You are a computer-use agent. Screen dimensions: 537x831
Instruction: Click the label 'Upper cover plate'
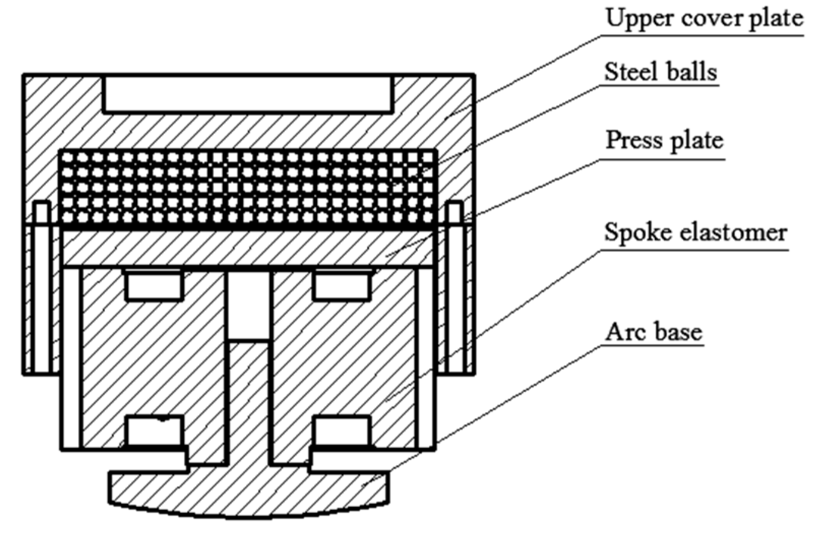tap(704, 19)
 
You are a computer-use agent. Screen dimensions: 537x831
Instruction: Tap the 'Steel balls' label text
tap(660, 72)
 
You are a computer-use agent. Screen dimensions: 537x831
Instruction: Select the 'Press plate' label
tap(664, 140)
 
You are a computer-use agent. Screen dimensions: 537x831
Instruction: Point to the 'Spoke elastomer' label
tap(695, 233)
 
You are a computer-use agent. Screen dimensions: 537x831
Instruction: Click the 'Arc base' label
tap(653, 332)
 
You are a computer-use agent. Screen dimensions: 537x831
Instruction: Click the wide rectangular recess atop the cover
tap(248, 93)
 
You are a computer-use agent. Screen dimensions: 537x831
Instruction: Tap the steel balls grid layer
tap(248, 188)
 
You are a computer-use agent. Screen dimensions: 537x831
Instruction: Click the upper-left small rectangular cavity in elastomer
tap(154, 286)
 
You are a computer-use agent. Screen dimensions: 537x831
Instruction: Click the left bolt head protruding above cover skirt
tap(42, 213)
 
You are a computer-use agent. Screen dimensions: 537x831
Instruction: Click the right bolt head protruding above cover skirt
tap(454, 213)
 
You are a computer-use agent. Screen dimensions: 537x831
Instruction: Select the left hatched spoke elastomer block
tap(152, 356)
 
